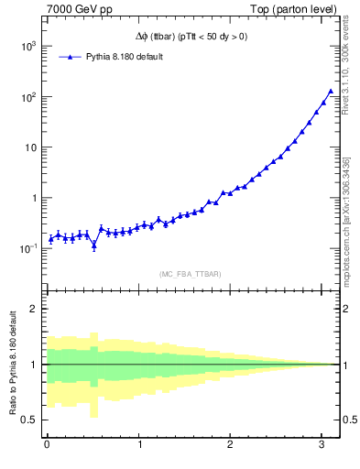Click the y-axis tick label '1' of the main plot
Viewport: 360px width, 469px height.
[33, 198]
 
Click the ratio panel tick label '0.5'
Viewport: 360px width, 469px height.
[27, 420]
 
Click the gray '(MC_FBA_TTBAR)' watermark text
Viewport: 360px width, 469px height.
[191, 274]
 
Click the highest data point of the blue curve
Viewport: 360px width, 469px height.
[331, 91]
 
